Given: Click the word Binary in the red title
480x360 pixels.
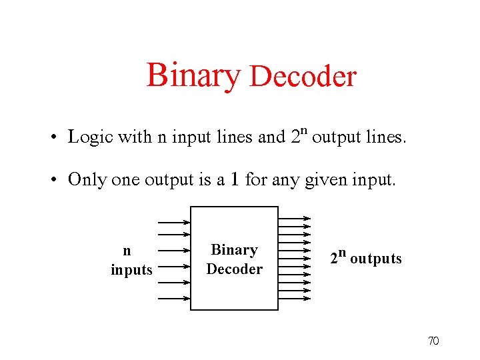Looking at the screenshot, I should [192, 75].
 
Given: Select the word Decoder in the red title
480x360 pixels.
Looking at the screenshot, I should [303, 77].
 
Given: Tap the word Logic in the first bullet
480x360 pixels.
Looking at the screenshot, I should [91, 137].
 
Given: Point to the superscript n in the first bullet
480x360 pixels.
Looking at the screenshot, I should [302, 129].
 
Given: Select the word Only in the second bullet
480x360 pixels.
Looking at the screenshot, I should [87, 179].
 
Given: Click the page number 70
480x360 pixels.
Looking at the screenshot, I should [433, 341].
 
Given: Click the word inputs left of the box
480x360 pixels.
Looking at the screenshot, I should [131, 269].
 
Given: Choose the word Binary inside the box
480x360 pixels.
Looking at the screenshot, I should [234, 250].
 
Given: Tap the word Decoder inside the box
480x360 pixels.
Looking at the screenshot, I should [234, 269].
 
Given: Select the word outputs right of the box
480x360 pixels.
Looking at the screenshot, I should [375, 259].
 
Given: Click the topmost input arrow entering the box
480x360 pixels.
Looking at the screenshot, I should [173, 222].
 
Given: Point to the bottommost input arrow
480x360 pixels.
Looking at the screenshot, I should [173, 298].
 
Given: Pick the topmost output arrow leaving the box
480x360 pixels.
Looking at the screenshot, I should [294, 217].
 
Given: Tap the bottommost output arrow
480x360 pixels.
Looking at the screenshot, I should [294, 298].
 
